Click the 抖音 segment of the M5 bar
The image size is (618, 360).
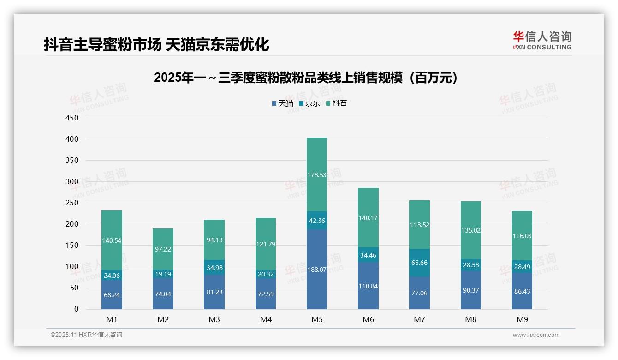tap(316, 174)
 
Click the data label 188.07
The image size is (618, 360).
tap(316, 270)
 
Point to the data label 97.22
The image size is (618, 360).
tap(163, 249)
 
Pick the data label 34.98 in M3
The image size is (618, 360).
tap(214, 268)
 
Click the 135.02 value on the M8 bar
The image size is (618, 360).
tap(470, 230)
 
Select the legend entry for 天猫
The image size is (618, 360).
tap(282, 103)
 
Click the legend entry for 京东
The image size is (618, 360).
tap(309, 103)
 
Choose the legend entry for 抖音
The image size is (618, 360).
tap(336, 103)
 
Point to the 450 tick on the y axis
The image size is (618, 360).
tap(72, 118)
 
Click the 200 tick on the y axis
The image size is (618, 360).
tap(72, 224)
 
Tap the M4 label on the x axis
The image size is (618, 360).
tap(266, 319)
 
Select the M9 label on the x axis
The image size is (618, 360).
tap(522, 319)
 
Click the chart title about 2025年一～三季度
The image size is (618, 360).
tap(307, 78)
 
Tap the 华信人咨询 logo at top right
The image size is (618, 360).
tap(542, 40)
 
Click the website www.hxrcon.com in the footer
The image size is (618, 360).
tap(535, 335)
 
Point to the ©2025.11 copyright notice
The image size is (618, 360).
tap(86, 335)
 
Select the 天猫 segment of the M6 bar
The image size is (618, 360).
tap(368, 286)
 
